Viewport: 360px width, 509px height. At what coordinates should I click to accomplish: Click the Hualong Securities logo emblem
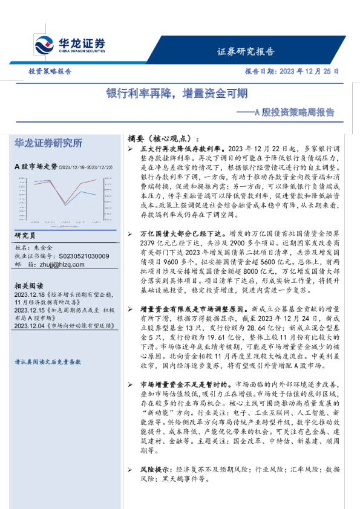(x=43, y=45)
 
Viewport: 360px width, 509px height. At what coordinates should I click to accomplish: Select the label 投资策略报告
(x=50, y=71)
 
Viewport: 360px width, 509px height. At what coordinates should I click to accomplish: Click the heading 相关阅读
(x=29, y=285)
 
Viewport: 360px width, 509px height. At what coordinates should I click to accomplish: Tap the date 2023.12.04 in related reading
(x=28, y=324)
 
